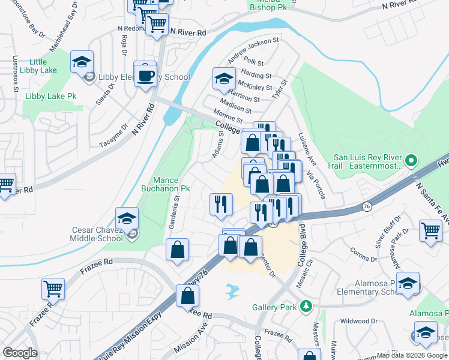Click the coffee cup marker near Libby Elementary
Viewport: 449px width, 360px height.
pyautogui.click(x=145, y=74)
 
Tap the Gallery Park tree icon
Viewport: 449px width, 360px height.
pyautogui.click(x=307, y=307)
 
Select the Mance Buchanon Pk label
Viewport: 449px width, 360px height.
pyautogui.click(x=163, y=184)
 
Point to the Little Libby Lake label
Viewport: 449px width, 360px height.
pyautogui.click(x=38, y=67)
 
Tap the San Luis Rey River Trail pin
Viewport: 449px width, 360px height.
pyautogui.click(x=411, y=161)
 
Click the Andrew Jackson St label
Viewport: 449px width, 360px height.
pyautogui.click(x=253, y=50)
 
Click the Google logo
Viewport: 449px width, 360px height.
pyautogui.click(x=20, y=353)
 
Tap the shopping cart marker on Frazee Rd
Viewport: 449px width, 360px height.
pyautogui.click(x=53, y=289)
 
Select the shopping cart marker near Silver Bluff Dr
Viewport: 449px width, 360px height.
pyautogui.click(x=431, y=230)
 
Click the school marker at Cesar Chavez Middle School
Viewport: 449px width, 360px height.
pyautogui.click(x=127, y=218)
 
